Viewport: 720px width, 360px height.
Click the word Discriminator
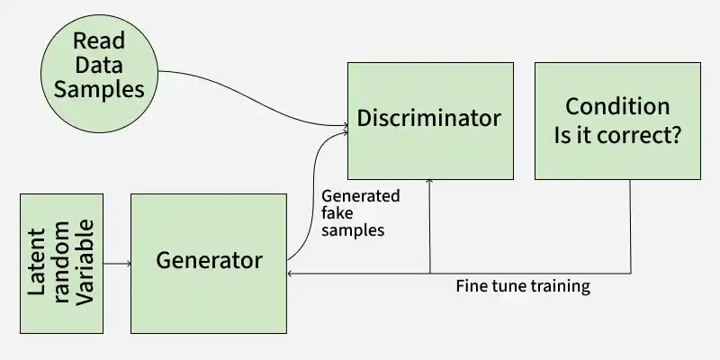(x=428, y=118)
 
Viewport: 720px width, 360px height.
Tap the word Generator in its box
(x=209, y=261)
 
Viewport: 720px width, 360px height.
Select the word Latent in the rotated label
(x=37, y=263)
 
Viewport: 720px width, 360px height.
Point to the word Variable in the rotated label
(x=85, y=263)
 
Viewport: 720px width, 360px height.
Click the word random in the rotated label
(x=61, y=263)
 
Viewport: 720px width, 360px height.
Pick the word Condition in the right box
(x=617, y=106)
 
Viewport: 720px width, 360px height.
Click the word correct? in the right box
(x=649, y=136)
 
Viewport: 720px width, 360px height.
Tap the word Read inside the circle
(x=98, y=40)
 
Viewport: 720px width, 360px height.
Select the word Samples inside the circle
(x=98, y=89)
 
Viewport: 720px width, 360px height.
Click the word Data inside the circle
(x=98, y=65)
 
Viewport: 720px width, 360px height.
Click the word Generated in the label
(x=360, y=196)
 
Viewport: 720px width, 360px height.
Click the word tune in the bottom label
(x=510, y=287)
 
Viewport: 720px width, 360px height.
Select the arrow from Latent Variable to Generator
(x=117, y=264)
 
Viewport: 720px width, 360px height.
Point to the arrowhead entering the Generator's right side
(x=290, y=273)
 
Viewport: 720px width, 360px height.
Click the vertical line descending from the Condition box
(x=630, y=225)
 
